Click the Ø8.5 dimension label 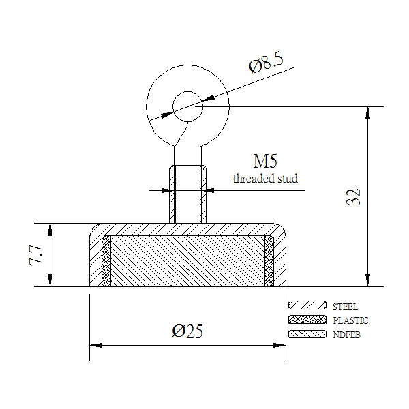tap(266, 63)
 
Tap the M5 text tap(265, 161)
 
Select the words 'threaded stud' tap(265, 179)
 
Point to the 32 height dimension tap(353, 197)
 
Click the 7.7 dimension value tap(36, 255)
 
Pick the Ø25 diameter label tap(187, 331)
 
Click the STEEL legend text tap(345, 307)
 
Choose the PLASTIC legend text tap(350, 320)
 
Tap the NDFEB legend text tap(347, 335)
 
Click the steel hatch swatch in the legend tap(307, 305)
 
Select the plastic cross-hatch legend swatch tap(307, 320)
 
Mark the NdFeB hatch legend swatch tap(307, 334)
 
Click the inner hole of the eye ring tap(187, 106)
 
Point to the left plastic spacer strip tap(106, 261)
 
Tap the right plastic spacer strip tap(269, 261)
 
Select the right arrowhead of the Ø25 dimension tap(279, 346)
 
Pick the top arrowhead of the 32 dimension tap(368, 113)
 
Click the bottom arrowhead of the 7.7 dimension tap(50, 280)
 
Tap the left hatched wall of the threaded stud tap(172, 194)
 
